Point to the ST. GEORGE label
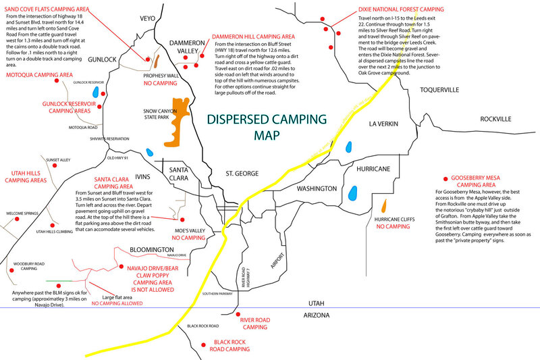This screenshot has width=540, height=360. (242, 174)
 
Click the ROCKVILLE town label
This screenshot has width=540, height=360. (496, 119)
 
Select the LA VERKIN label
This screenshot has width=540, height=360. (385, 124)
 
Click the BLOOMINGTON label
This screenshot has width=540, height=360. (151, 249)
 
